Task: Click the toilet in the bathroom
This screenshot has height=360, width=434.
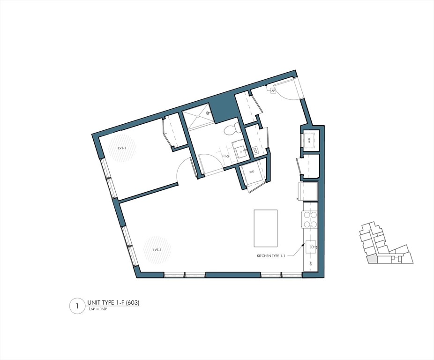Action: pos(232,129)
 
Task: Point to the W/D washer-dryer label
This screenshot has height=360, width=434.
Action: pos(252,172)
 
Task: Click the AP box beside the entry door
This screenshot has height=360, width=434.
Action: pos(272,90)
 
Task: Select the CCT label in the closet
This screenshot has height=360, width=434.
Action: pos(255,150)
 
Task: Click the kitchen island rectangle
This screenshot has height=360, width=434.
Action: pos(266,228)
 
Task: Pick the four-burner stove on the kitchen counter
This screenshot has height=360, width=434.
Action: pos(310,219)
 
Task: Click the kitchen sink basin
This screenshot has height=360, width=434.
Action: pos(311,246)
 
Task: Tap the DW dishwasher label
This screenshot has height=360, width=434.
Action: pos(311,265)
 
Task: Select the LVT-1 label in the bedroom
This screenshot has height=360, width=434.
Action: pos(123,148)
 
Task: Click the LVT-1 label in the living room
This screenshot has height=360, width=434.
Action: pos(157,250)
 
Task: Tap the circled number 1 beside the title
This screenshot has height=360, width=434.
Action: pos(76,306)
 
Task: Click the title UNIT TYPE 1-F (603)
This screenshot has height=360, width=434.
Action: pos(113,303)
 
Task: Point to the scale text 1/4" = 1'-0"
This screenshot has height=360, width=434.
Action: pos(100,310)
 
